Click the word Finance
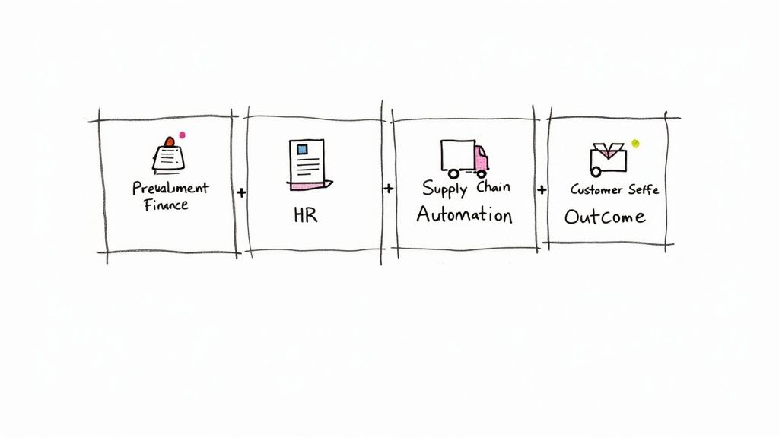pos(165,205)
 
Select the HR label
pos(304,215)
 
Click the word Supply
pos(445,188)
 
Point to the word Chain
pos(494,187)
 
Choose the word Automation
pos(464,214)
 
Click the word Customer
pos(596,189)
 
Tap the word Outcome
pos(605,217)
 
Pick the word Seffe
pos(642,189)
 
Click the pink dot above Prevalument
pos(182,135)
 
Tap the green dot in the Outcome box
pos(636,143)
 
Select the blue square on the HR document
pos(302,149)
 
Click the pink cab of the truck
pos(481,160)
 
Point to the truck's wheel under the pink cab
pos(482,174)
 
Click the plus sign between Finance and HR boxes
pos(241,193)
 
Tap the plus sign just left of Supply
pos(389,188)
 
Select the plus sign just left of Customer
pos(542,189)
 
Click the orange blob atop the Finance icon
pos(169,143)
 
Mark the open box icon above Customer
pos(606,158)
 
